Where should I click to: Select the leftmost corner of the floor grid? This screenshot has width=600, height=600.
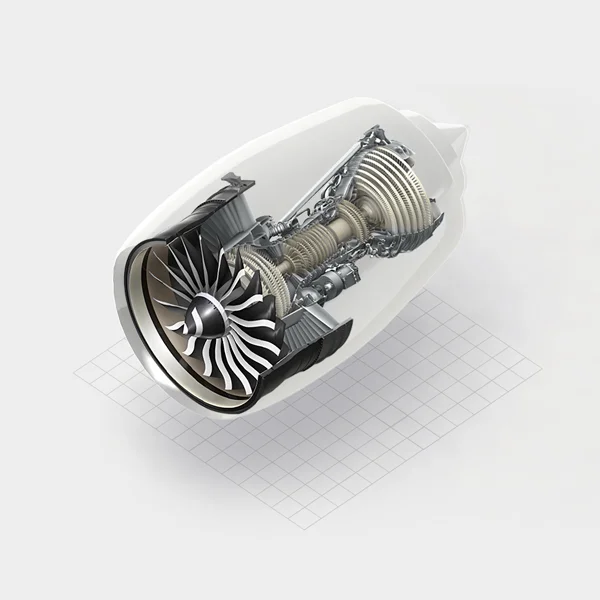(x=75, y=372)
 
